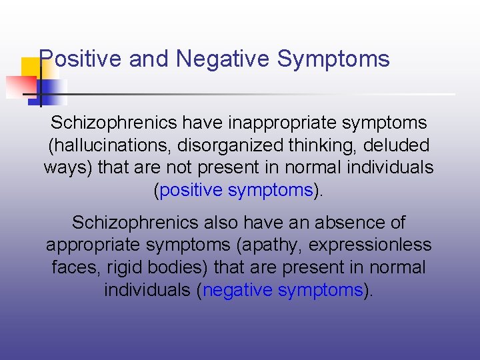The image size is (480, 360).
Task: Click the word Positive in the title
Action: click(x=81, y=59)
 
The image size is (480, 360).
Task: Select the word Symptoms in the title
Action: click(x=333, y=59)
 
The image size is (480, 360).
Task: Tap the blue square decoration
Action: click(x=53, y=92)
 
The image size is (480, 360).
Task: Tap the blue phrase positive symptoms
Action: click(x=236, y=191)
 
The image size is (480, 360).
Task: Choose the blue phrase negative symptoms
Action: click(x=283, y=291)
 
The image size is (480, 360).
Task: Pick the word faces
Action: click(x=72, y=268)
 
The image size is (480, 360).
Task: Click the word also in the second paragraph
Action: click(x=205, y=223)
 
